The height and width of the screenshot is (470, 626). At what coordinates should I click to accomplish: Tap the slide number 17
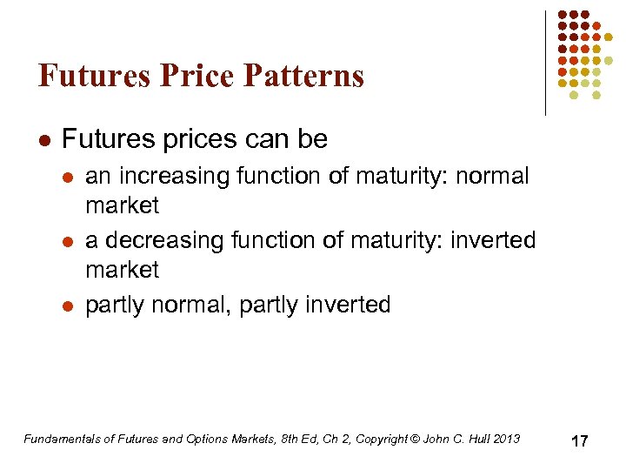580,441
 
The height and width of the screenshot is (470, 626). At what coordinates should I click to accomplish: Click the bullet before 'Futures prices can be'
44,139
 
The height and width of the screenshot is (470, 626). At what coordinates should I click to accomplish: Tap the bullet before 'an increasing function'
69,177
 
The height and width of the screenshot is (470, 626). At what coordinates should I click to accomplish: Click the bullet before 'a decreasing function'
69,241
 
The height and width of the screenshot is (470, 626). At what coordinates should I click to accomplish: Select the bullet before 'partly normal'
69,305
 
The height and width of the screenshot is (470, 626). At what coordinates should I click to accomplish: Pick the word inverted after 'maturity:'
493,239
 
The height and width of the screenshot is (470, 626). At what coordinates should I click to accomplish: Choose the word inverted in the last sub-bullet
348,305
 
